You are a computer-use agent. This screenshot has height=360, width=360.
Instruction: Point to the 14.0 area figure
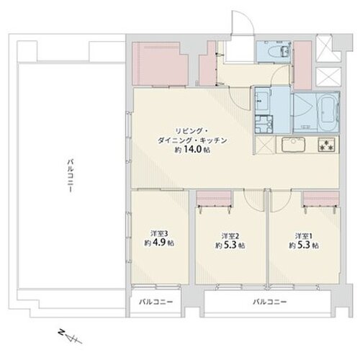point(193,150)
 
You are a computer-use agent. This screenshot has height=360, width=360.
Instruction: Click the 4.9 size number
point(159,243)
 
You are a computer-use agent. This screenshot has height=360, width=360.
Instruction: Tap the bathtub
point(328,112)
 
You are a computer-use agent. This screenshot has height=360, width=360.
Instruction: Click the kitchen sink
point(293,145)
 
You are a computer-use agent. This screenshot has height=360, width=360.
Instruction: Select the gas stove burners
point(326,145)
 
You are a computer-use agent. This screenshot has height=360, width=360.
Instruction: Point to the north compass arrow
point(71,336)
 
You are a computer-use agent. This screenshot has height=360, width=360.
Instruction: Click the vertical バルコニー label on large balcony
point(70,175)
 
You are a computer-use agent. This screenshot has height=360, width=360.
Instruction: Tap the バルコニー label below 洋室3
point(156,302)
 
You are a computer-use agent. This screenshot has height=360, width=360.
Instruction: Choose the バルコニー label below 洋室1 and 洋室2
point(270,302)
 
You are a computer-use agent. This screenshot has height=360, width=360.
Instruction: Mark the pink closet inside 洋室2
point(214,198)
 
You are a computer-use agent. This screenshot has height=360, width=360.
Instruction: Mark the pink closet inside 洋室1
point(321,198)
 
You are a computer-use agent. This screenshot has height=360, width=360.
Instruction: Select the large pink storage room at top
point(160,63)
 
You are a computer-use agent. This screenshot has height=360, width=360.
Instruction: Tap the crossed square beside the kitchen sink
point(265,145)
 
